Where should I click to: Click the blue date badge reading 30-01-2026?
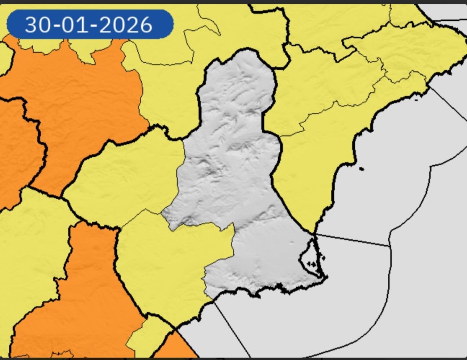tap(90, 24)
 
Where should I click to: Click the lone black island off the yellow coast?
tap(362, 169)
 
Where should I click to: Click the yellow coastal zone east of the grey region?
tap(315, 168)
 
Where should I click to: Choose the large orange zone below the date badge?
tap(76, 100)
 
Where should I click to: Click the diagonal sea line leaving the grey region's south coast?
tap(232, 327)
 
